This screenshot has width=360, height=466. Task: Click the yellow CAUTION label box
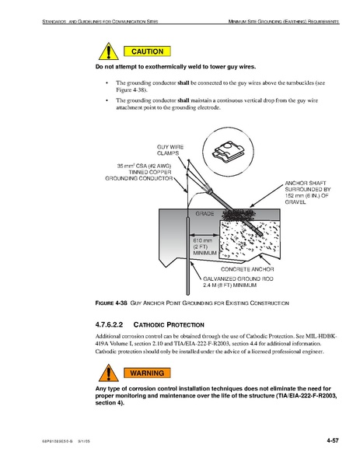tap(147, 51)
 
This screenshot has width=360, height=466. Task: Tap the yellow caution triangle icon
tap(108, 51)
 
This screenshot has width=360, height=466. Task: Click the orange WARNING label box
tap(147, 373)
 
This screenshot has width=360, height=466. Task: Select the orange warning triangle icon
tap(108, 373)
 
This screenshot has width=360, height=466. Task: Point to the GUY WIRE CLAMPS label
tap(170, 150)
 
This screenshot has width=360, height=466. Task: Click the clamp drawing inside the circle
tap(227, 152)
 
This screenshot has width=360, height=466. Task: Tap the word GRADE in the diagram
tap(204, 214)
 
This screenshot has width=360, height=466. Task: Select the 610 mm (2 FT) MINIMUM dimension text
tap(204, 247)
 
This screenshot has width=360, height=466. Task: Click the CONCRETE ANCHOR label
tap(247, 269)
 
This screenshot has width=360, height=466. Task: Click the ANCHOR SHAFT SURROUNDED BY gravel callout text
tap(308, 193)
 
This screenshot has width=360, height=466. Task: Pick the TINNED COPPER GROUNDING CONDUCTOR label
tap(138, 172)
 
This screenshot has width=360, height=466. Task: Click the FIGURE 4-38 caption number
tap(111, 303)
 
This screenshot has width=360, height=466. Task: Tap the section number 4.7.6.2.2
tap(109, 324)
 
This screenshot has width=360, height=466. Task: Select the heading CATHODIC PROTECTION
tap(169, 325)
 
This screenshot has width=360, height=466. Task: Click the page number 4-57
tap(333, 440)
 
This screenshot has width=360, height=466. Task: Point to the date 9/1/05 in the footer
tap(84, 441)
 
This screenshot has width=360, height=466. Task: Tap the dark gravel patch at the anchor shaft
tap(239, 215)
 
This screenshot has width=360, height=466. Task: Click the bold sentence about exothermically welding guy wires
tap(176, 67)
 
